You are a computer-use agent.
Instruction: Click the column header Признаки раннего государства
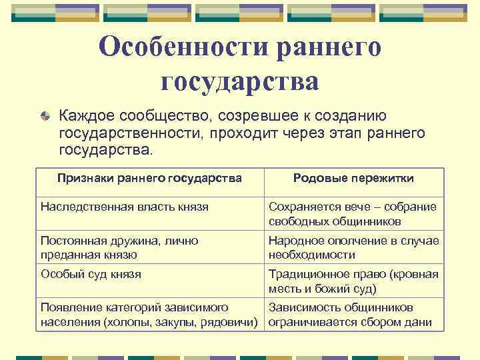[149, 178]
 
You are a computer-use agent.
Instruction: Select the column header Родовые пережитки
[353, 178]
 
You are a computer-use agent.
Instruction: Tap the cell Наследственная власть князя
[125, 207]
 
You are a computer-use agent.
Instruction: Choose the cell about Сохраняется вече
[353, 213]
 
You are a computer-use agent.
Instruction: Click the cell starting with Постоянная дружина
[120, 247]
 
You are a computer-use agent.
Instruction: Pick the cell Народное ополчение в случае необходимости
[353, 247]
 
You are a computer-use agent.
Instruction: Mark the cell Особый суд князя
[91, 273]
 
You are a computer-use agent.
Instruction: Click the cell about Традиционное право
[353, 281]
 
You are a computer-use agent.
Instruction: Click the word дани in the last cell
[421, 323]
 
